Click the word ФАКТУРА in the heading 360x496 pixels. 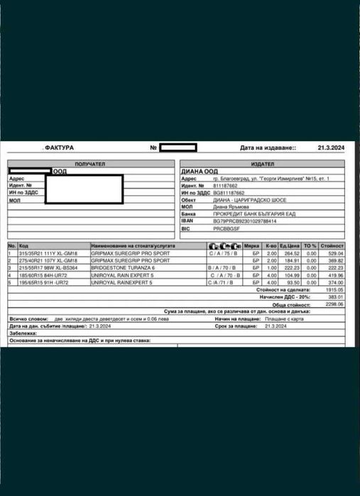coord(59,148)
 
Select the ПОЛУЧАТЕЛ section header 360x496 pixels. coord(90,164)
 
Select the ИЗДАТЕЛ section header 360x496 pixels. coord(261,164)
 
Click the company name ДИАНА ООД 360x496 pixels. coord(201,171)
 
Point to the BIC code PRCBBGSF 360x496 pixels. coord(227,228)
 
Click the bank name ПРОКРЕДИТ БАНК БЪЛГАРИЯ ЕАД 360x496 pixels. coord(249,214)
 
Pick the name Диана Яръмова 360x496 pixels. coord(231,206)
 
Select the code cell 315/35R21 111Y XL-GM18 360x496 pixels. coord(48,253)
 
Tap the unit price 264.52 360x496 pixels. coord(291,253)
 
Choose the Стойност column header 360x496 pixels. coord(332,245)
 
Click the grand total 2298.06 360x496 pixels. coord(334,304)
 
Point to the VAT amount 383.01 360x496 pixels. coord(335,297)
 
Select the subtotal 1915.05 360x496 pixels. coord(334,290)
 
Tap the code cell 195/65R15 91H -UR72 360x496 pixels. coord(44,282)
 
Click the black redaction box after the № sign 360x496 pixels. coord(178,148)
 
